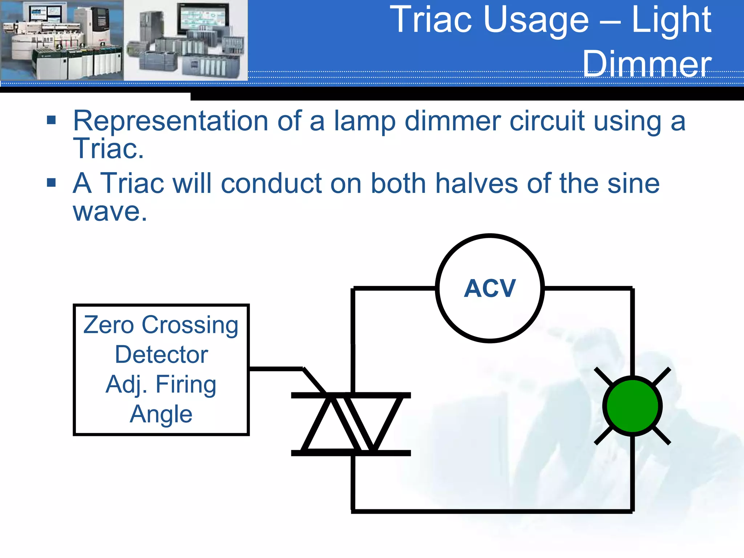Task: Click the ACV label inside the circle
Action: pyautogui.click(x=490, y=288)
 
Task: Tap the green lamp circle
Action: pyautogui.click(x=632, y=406)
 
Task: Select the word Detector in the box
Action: pyautogui.click(x=161, y=355)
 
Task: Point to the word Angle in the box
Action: pyautogui.click(x=161, y=414)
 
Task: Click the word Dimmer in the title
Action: pyautogui.click(x=647, y=64)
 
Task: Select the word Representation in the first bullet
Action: pyautogui.click(x=171, y=121)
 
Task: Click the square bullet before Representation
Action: pyautogui.click(x=51, y=120)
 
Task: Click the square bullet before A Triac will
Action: pyautogui.click(x=51, y=182)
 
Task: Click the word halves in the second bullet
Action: pyautogui.click(x=476, y=183)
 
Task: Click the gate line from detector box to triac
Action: pyautogui.click(x=276, y=369)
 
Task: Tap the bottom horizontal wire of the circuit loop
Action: pyautogui.click(x=490, y=511)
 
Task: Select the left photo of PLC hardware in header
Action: pyautogui.click(x=62, y=40)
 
